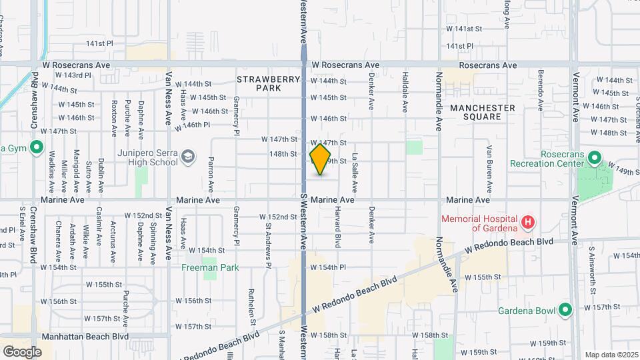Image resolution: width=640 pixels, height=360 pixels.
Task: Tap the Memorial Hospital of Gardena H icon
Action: click(x=527, y=221)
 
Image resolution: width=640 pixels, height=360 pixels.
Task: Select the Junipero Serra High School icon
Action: click(x=189, y=157)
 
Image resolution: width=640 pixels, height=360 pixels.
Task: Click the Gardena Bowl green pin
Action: click(x=565, y=310)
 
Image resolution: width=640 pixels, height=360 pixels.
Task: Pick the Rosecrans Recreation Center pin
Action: click(x=595, y=159)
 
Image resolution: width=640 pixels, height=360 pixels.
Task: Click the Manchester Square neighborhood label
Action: click(x=483, y=112)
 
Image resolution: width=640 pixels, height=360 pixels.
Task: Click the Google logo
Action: click(x=23, y=352)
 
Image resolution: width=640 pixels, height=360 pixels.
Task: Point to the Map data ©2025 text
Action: click(x=611, y=355)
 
